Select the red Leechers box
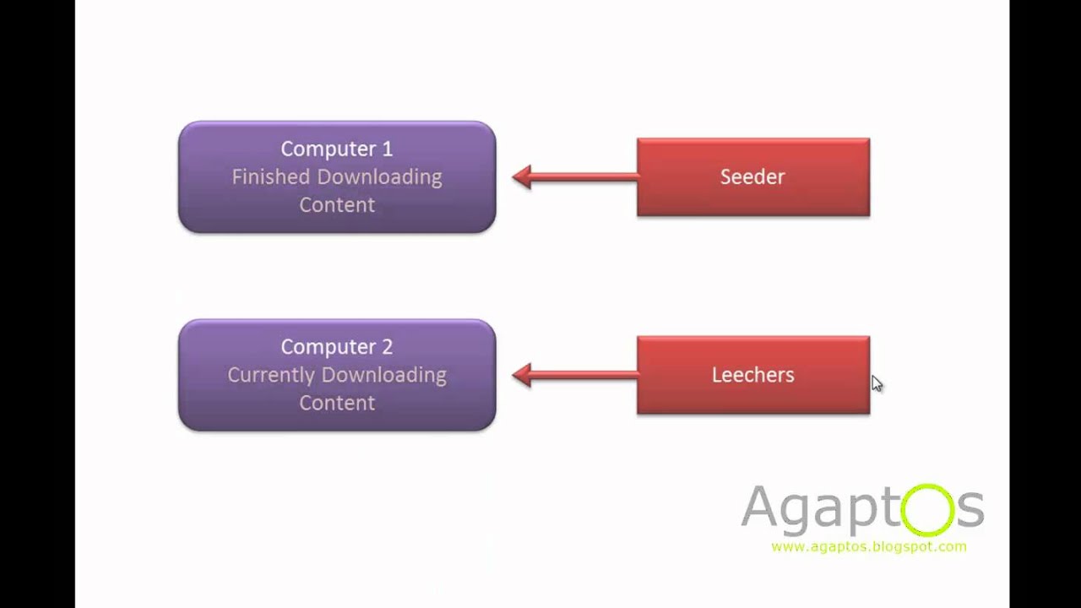click(x=752, y=397)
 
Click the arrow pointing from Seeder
click(x=574, y=176)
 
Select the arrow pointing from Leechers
click(x=574, y=375)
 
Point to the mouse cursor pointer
click(x=877, y=383)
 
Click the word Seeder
click(x=752, y=176)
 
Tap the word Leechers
click(x=752, y=375)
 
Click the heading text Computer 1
click(x=336, y=149)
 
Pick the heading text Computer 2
click(x=336, y=347)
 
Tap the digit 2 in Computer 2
click(x=387, y=347)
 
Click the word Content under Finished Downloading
click(x=336, y=204)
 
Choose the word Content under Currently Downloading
click(x=336, y=403)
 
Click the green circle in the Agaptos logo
click(x=927, y=509)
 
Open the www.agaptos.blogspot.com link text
click(x=868, y=546)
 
